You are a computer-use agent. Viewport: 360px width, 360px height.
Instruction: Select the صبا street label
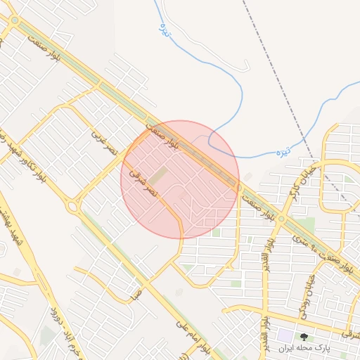(x=136, y=292)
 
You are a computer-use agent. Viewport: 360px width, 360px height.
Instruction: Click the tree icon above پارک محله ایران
(x=304, y=337)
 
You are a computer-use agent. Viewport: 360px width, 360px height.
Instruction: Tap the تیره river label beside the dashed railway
(x=283, y=150)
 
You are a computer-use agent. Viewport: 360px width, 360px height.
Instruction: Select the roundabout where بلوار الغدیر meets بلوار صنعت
(x=281, y=219)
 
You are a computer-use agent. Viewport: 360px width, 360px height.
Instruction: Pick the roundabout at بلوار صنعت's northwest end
(x=15, y=21)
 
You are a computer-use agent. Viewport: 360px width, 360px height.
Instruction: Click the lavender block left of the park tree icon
(x=285, y=336)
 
